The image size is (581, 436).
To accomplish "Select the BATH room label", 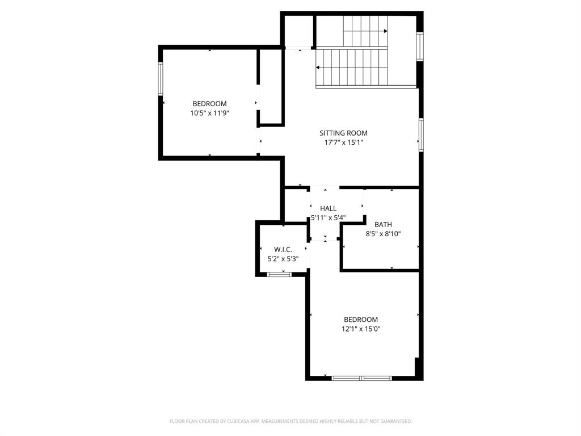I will [x=383, y=224].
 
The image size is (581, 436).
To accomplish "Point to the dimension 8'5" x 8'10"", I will [x=383, y=233].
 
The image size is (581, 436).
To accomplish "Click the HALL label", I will [x=328, y=208].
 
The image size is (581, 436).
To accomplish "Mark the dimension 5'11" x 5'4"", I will [x=328, y=217].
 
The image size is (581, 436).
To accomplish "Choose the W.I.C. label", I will [x=283, y=249].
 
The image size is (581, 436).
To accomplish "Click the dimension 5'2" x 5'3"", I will [x=283, y=258].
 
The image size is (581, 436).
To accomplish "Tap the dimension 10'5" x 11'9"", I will [x=209, y=113].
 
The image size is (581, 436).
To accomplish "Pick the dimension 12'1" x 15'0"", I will [x=360, y=329].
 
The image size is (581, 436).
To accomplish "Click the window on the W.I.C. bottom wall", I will [x=279, y=274].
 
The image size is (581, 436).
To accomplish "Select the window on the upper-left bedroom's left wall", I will [x=161, y=79].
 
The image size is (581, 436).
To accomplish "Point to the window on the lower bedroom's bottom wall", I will [x=361, y=378].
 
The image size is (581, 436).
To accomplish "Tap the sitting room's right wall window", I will [x=421, y=135].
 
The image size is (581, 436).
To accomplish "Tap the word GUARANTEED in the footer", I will [x=394, y=421].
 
